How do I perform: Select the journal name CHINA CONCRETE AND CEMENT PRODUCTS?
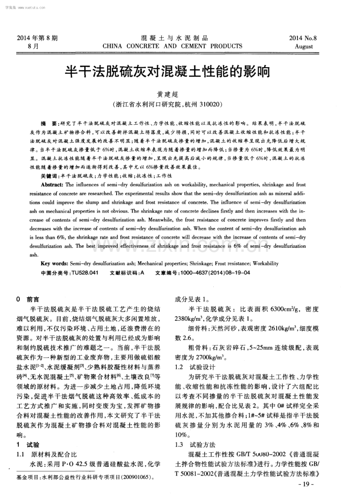[x=172, y=46]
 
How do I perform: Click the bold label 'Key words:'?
[x=54, y=263]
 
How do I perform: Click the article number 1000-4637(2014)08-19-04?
[x=215, y=273]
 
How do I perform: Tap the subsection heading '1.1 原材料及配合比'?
[x=47, y=454]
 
